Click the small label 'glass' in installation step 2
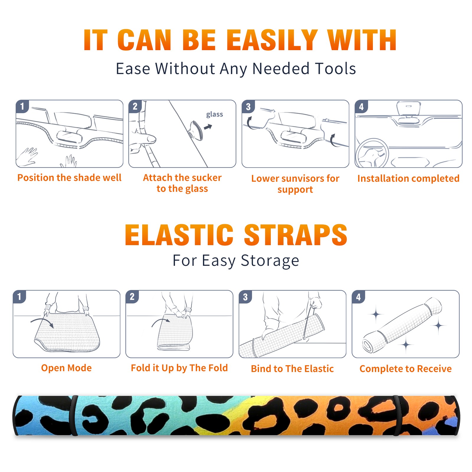[x=214, y=114]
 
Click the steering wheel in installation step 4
[x=372, y=153]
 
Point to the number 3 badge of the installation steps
[x=248, y=106]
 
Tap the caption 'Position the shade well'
[x=69, y=178]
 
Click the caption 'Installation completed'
[x=408, y=178]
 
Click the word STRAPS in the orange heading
[x=296, y=235]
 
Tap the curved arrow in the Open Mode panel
[x=42, y=322]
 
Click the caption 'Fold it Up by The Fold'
[x=179, y=368]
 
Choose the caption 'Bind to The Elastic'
[x=292, y=369]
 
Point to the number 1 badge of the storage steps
[x=19, y=296]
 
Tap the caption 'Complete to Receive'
[x=406, y=369]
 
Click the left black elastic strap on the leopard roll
[x=73, y=416]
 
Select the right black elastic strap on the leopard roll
[x=397, y=416]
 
